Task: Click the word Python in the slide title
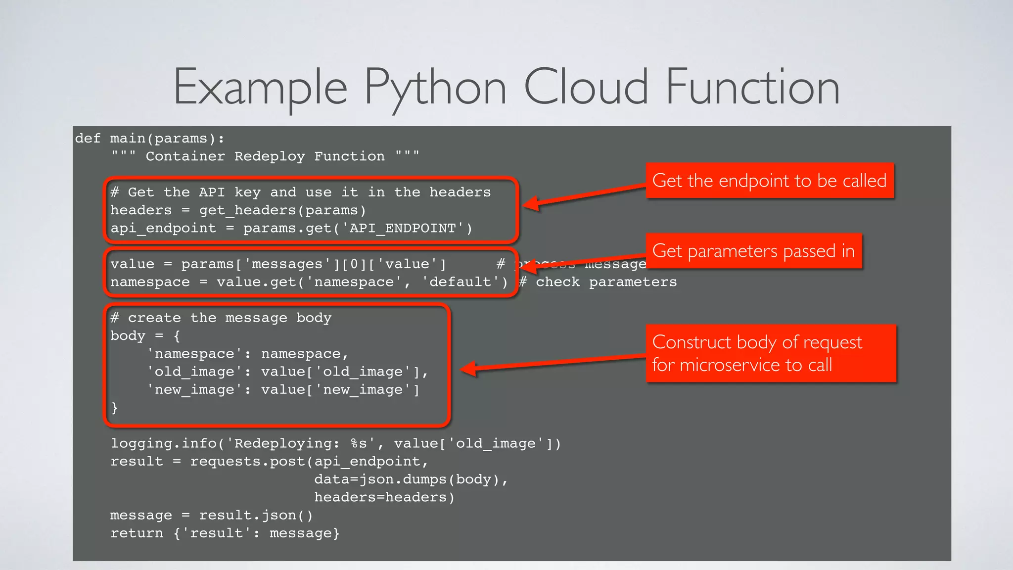[x=435, y=88]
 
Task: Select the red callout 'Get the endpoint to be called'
[x=769, y=181]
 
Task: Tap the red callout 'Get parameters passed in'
[x=753, y=251]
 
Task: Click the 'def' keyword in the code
[x=88, y=139]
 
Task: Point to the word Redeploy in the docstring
[x=270, y=156]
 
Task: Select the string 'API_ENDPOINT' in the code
[x=403, y=229]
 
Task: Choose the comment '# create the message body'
[x=221, y=318]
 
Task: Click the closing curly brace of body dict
[x=115, y=408]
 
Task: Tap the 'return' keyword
[x=137, y=533]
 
